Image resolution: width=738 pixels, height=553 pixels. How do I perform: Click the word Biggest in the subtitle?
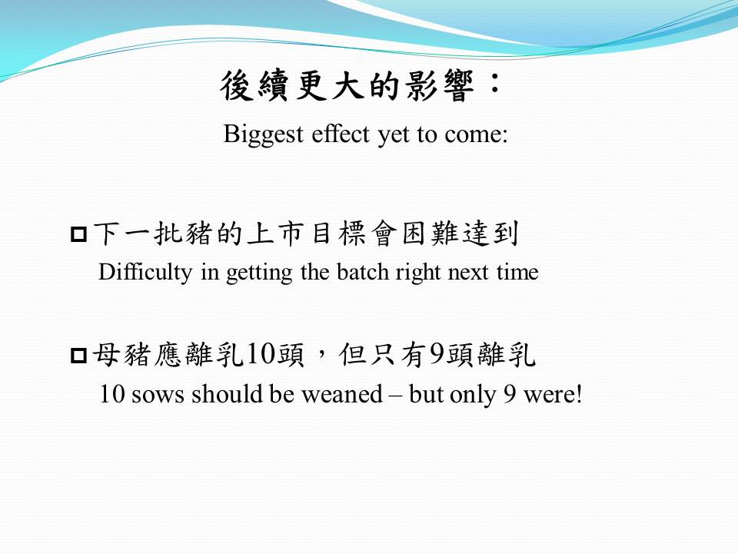click(263, 134)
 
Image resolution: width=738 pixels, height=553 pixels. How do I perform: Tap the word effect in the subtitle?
click(341, 134)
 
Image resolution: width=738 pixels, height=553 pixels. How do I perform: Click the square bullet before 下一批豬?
click(78, 234)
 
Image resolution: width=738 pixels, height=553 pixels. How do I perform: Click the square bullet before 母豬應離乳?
click(78, 355)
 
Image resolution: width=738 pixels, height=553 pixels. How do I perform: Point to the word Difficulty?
click(145, 273)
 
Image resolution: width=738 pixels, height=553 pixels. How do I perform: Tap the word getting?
click(259, 273)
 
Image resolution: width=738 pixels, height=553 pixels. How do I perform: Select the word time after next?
click(517, 272)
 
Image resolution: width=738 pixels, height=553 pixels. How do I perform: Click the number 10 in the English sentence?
click(112, 394)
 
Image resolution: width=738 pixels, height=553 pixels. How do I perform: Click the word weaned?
click(342, 394)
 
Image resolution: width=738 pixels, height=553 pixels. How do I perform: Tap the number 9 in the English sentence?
click(510, 395)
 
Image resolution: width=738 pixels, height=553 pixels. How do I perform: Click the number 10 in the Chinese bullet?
click(261, 354)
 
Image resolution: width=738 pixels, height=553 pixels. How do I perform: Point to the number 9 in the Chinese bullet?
click(437, 354)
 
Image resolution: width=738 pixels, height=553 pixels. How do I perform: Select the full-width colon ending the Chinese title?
click(494, 82)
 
